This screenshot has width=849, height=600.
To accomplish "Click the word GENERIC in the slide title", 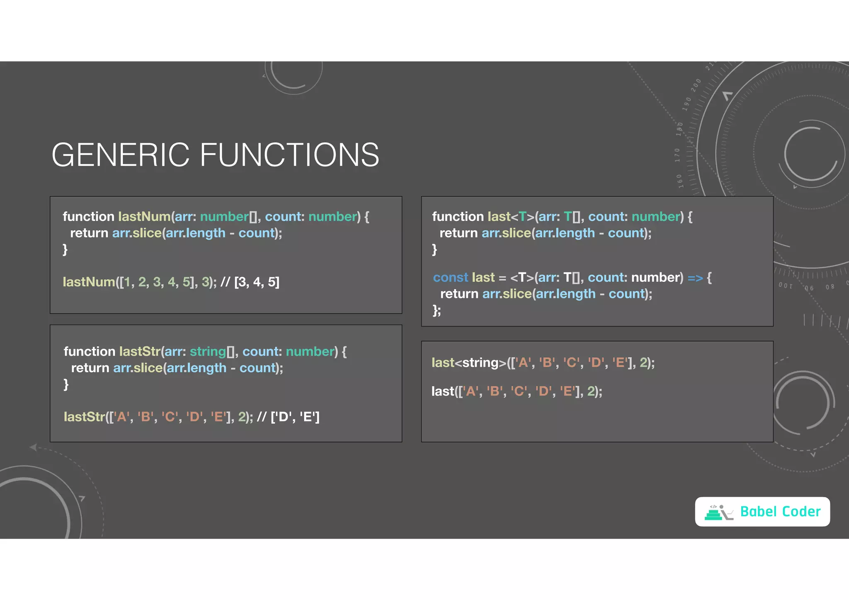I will (x=120, y=155).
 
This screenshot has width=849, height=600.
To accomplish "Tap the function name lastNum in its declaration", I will (x=144, y=217).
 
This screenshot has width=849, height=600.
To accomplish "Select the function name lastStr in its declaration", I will (x=140, y=352).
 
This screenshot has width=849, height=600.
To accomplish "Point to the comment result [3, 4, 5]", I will (x=257, y=282).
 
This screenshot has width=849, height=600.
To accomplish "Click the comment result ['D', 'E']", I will (x=295, y=417).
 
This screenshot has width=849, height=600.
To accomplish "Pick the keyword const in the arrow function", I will (x=450, y=278).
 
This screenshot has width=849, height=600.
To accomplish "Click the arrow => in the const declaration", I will (x=695, y=278).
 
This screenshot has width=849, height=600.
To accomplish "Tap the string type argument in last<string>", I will (x=481, y=363).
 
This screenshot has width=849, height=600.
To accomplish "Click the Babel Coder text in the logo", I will (x=780, y=512).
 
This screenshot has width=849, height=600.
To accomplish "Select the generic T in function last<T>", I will (x=522, y=217).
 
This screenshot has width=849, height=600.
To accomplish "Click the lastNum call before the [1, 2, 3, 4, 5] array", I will (x=89, y=282).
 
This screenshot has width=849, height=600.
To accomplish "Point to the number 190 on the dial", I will (x=687, y=104).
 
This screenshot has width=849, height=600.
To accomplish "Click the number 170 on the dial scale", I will (x=677, y=155).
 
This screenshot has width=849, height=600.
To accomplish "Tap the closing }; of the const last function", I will (x=437, y=310).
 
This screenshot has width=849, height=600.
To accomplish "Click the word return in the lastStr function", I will (x=90, y=368).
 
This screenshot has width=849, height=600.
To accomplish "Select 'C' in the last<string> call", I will (x=572, y=363).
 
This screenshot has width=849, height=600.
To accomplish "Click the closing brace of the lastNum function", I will (x=65, y=250).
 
